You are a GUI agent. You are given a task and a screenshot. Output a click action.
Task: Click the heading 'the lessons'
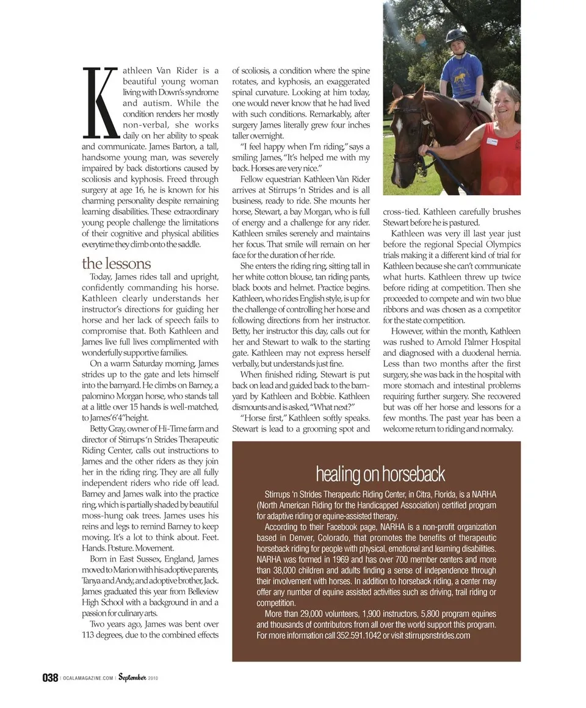pos(116,264)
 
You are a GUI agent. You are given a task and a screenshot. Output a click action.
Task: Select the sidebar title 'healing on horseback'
pos(380,474)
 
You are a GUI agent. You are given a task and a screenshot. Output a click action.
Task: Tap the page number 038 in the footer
pos(50,678)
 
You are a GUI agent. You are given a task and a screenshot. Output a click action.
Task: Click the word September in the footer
pos(132,677)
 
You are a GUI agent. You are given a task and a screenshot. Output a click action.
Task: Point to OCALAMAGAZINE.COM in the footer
pos(87,679)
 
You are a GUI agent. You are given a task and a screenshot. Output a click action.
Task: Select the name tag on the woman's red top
pos(493,142)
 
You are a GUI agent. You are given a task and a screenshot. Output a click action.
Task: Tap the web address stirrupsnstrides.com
pos(438,635)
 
